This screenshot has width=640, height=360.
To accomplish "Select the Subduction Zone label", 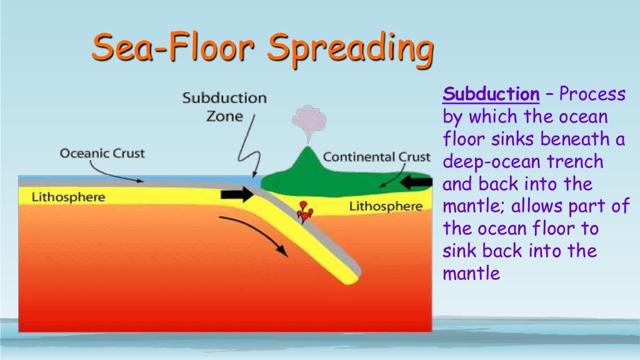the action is pyautogui.click(x=224, y=107).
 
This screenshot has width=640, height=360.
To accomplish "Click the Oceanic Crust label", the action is pyautogui.click(x=102, y=153).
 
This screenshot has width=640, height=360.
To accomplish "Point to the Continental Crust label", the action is pyautogui.click(x=376, y=156).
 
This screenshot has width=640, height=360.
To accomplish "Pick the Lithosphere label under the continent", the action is pyautogui.click(x=386, y=206).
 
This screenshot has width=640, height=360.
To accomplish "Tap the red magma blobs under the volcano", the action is pyautogui.click(x=304, y=212).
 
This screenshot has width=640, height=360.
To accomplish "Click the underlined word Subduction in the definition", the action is pyautogui.click(x=491, y=95).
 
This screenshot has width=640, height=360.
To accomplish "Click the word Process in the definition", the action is pyautogui.click(x=592, y=95).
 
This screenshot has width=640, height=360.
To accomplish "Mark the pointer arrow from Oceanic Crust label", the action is pyautogui.click(x=119, y=173).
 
